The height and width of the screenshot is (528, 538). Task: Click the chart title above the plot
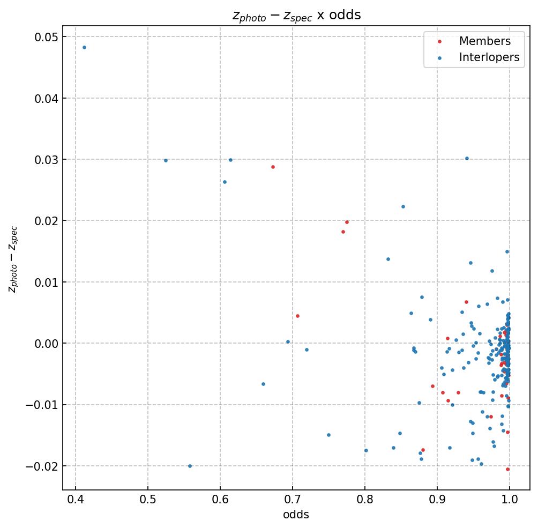click(x=296, y=16)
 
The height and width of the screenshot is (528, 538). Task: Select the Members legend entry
click(x=484, y=41)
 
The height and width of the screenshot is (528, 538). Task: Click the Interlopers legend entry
click(x=489, y=57)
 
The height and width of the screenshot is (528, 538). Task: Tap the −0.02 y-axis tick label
click(x=43, y=466)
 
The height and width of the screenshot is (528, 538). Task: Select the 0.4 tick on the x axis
click(x=76, y=500)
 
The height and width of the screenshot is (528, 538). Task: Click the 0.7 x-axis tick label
click(x=293, y=500)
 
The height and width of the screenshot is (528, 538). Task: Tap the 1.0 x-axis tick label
click(x=510, y=500)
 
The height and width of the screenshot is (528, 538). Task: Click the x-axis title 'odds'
click(x=296, y=515)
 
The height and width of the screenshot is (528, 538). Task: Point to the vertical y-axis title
click(x=13, y=259)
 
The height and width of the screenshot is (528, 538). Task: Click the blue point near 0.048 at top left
click(x=84, y=47)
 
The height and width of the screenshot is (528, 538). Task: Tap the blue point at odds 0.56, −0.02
click(x=190, y=466)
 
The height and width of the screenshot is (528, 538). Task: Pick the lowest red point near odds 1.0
click(x=507, y=469)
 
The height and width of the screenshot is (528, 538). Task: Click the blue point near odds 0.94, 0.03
click(x=467, y=158)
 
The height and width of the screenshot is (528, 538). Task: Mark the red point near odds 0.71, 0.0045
click(x=297, y=316)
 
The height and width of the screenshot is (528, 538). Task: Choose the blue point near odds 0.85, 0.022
click(x=403, y=206)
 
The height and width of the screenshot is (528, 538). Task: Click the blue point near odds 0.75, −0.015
click(x=328, y=435)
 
